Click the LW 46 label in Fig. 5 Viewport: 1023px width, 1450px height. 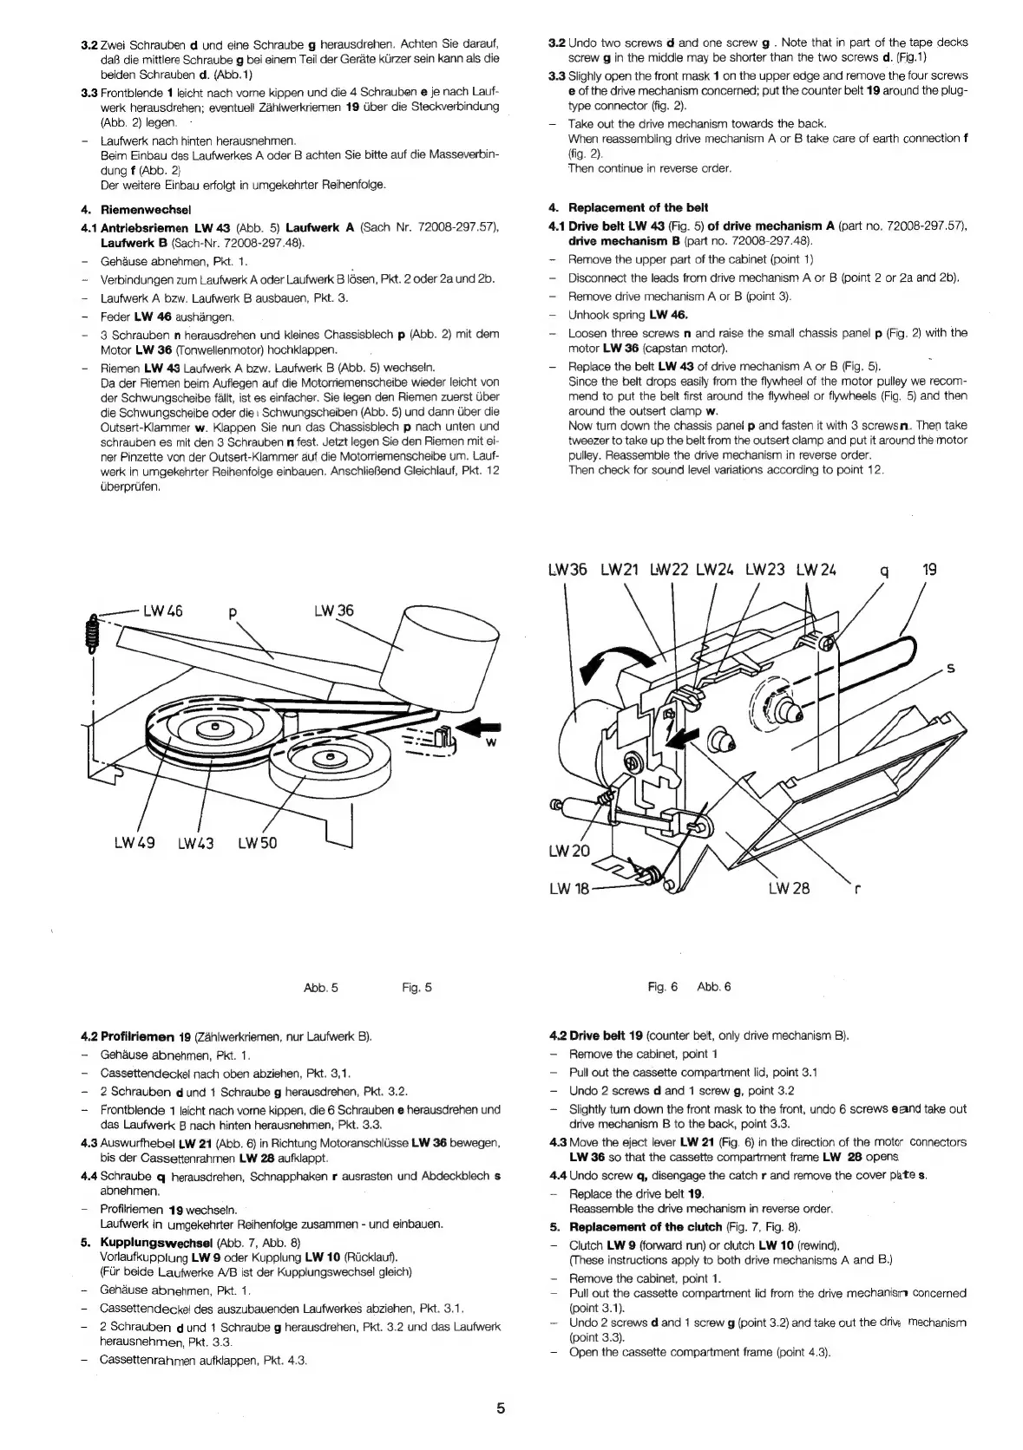pos(162,611)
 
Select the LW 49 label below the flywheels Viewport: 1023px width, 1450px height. pos(134,843)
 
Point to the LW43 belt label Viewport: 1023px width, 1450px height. pos(196,843)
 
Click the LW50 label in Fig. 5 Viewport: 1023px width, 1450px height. pos(258,843)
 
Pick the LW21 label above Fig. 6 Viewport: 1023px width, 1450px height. pos(620,570)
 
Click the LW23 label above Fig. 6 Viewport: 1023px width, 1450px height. pos(764,570)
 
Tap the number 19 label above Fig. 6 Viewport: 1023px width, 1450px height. pos(929,570)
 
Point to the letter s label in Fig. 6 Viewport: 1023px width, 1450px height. pos(950,668)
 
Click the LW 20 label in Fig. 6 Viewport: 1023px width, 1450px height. pos(569,851)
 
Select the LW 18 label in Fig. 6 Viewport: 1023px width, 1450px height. pos(570,888)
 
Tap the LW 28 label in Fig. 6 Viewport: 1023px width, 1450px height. pos(789,888)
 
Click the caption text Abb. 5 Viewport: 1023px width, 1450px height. pos(321,987)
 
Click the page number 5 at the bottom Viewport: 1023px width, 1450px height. pos(501,1408)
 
